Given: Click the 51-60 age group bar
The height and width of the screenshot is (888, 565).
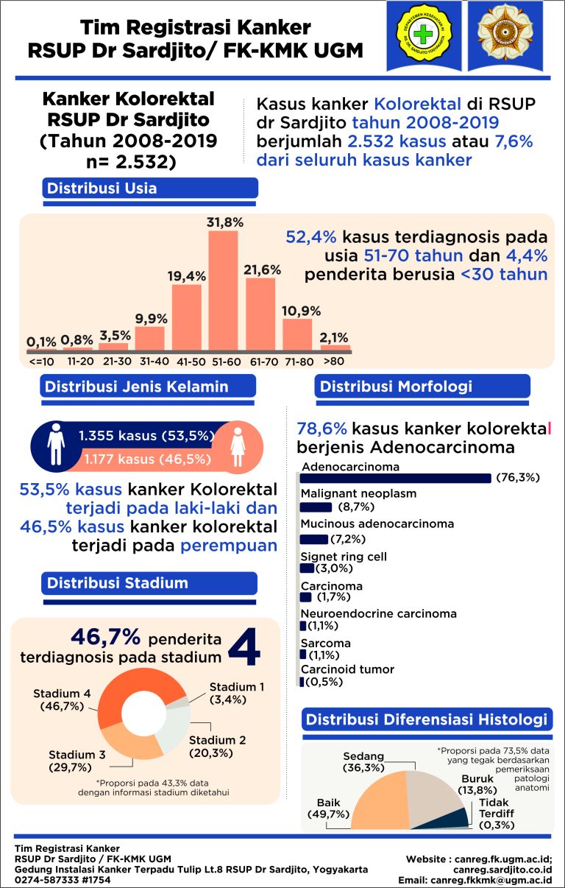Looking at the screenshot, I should pyautogui.click(x=223, y=291).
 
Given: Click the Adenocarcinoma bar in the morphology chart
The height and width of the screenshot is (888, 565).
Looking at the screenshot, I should pyautogui.click(x=395, y=478).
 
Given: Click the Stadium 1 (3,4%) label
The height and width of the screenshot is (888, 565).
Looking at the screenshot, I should pyautogui.click(x=237, y=692).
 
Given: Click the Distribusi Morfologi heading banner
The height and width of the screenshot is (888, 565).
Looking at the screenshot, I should pyautogui.click(x=422, y=386).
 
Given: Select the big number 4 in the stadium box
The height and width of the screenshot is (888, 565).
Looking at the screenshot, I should pyautogui.click(x=245, y=647).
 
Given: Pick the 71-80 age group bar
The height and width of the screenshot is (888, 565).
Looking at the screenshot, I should pyautogui.click(x=297, y=335).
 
